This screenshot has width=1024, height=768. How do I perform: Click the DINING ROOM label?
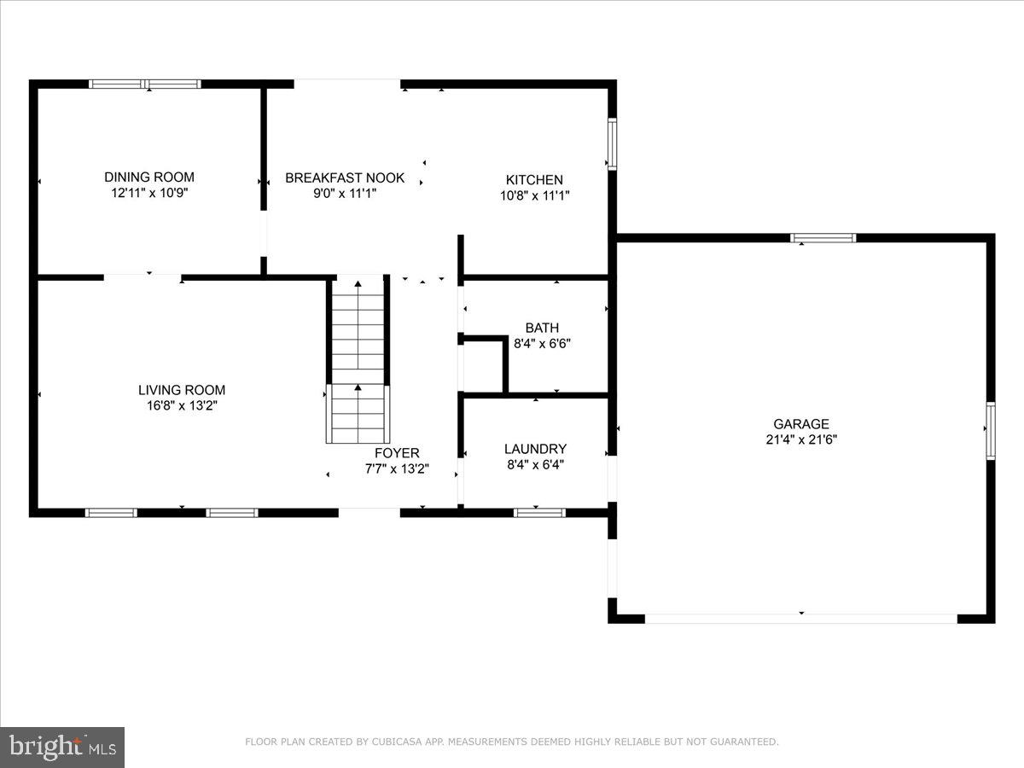pyautogui.click(x=149, y=177)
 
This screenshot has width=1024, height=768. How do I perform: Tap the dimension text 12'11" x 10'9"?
pyautogui.click(x=149, y=194)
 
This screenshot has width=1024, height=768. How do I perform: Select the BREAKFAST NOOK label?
pyautogui.click(x=345, y=177)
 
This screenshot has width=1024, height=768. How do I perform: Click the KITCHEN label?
pyautogui.click(x=534, y=179)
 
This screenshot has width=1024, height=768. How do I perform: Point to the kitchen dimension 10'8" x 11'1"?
pyautogui.click(x=534, y=195)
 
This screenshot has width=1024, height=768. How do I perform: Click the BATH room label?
pyautogui.click(x=542, y=328)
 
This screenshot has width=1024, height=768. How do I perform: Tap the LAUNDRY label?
pyautogui.click(x=535, y=449)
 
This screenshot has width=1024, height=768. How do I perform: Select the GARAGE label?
pyautogui.click(x=801, y=424)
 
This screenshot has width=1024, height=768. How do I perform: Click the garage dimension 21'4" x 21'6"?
pyautogui.click(x=801, y=440)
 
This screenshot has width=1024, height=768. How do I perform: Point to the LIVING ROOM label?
pyautogui.click(x=182, y=390)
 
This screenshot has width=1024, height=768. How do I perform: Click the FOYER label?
pyautogui.click(x=398, y=453)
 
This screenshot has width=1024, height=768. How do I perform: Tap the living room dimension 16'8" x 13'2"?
pyautogui.click(x=182, y=406)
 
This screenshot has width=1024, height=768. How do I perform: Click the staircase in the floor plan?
pyautogui.click(x=358, y=358)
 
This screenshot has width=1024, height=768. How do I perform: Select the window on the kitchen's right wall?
pyautogui.click(x=612, y=143)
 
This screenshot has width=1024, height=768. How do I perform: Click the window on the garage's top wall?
pyautogui.click(x=823, y=238)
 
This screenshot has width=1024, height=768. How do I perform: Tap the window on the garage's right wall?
pyautogui.click(x=991, y=431)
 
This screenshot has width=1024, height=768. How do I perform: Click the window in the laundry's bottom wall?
pyautogui.click(x=539, y=513)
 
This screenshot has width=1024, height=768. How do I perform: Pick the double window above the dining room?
pyautogui.click(x=146, y=84)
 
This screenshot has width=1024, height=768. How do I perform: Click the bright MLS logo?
pyautogui.click(x=62, y=748)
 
